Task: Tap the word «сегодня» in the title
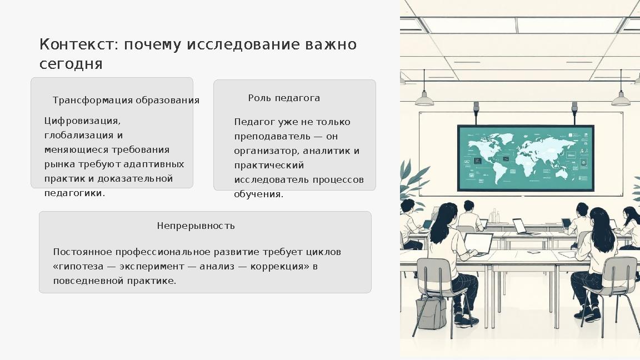coord(71,64)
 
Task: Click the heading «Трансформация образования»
coord(126,101)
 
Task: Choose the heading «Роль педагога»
coord(284,98)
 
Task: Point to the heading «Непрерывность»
coord(196,226)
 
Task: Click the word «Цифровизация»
coord(82,121)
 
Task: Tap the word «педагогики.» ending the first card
coord(74,193)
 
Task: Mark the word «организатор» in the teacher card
coord(267,151)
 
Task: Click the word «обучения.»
coord(258,194)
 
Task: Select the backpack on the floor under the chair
coord(431,313)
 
